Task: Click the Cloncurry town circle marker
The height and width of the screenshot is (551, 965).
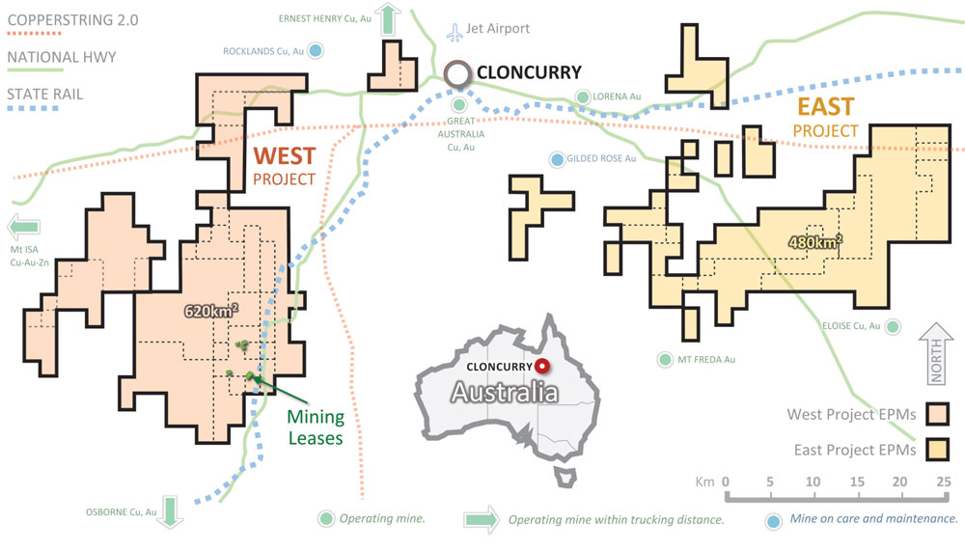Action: (459, 72)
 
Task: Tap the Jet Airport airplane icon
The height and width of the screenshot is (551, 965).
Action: (455, 31)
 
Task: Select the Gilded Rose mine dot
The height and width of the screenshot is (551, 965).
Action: (557, 158)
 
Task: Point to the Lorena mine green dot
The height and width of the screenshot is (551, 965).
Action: (583, 96)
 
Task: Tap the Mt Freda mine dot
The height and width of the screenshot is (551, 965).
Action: (664, 360)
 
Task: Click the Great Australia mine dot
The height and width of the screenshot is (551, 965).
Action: (459, 104)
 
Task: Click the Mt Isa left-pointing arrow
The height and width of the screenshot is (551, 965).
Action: (23, 228)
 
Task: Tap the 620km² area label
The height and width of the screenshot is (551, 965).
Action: (211, 312)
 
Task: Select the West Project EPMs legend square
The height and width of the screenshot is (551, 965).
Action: (938, 415)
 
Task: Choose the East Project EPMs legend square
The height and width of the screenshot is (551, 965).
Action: (938, 449)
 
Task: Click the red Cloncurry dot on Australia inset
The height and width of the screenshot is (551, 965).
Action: (542, 366)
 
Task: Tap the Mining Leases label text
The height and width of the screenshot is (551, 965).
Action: (316, 427)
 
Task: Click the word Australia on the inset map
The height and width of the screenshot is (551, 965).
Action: (505, 393)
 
